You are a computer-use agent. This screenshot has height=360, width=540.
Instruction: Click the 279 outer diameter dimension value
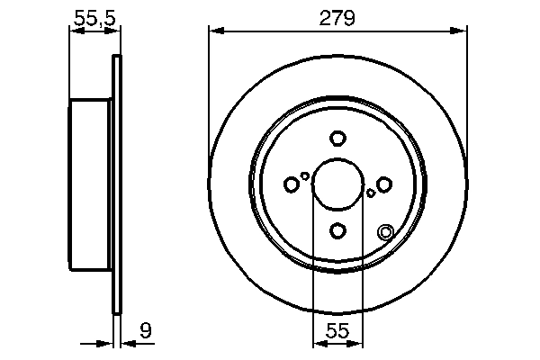(x=338, y=16)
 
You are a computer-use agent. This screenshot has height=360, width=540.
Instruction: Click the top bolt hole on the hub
(x=337, y=139)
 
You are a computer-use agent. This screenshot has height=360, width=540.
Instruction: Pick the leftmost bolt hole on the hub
(x=291, y=184)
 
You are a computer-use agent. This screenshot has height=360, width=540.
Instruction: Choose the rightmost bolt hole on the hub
(x=384, y=184)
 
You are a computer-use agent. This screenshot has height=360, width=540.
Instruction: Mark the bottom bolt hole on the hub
(x=337, y=231)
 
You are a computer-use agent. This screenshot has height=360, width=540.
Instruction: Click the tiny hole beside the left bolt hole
(x=305, y=176)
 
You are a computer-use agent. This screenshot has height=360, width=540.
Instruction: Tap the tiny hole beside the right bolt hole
(x=371, y=193)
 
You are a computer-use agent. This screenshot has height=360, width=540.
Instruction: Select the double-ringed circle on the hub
(x=386, y=231)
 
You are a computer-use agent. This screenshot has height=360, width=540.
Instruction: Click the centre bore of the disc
(x=337, y=184)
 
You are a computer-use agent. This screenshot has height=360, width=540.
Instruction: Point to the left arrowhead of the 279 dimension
(x=214, y=31)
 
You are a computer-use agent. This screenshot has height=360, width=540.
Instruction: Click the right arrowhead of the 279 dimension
(x=462, y=31)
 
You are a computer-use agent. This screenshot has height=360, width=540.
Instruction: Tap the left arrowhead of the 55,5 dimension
(x=75, y=31)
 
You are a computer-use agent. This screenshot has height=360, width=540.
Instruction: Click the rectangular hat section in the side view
(x=91, y=184)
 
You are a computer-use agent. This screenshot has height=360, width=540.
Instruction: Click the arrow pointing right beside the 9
(x=106, y=343)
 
